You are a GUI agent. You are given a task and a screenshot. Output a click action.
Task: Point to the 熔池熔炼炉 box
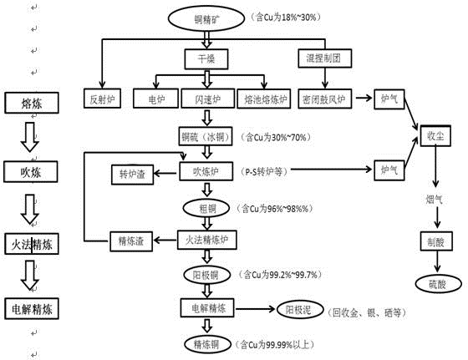(264, 99)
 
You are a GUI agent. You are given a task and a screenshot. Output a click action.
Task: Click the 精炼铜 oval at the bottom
(205, 342)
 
